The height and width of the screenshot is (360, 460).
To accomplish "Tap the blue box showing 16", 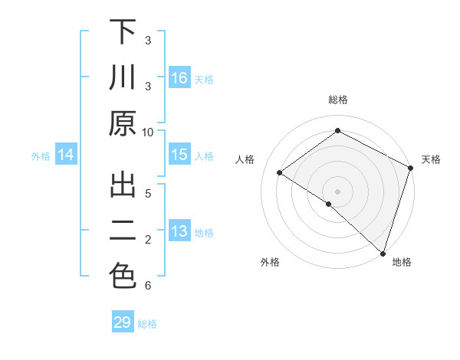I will coord(179,78).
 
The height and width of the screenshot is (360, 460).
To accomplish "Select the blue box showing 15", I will coord(179,155).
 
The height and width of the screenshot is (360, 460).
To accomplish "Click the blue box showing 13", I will coord(179,231).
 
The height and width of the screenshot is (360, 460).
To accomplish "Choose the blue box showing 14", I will coord(66,155).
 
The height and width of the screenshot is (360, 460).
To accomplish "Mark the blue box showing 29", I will coord(123,322).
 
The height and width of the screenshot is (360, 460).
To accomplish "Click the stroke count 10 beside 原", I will coord(148,132).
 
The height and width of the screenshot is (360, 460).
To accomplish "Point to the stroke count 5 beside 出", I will coord(148,193).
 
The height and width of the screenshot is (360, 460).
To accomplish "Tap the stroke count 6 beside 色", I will coord(148,286).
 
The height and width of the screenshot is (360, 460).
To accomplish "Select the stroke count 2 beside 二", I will coord(148,240).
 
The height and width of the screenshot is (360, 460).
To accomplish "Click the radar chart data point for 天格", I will coord(410,168).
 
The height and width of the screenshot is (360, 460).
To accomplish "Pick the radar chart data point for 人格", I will coord(280,172).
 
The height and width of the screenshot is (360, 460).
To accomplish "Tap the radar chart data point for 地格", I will coord(383,253).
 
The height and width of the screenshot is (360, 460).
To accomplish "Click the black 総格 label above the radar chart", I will coord(338,100).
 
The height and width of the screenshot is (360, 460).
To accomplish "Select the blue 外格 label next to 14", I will coord(41,156).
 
